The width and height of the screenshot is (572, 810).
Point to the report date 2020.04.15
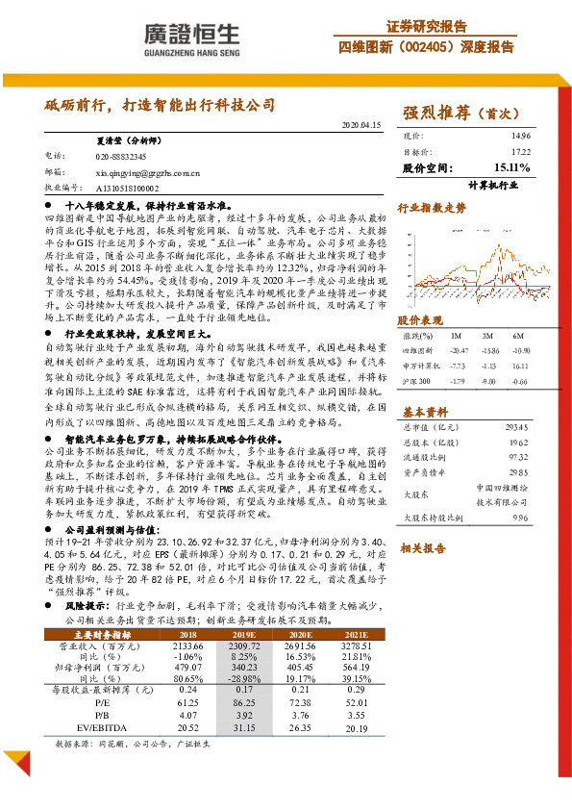click(x=362, y=126)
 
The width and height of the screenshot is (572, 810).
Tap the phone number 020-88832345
click(x=121, y=155)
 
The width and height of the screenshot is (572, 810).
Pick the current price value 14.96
click(x=520, y=137)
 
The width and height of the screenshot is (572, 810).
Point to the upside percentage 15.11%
click(x=511, y=167)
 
